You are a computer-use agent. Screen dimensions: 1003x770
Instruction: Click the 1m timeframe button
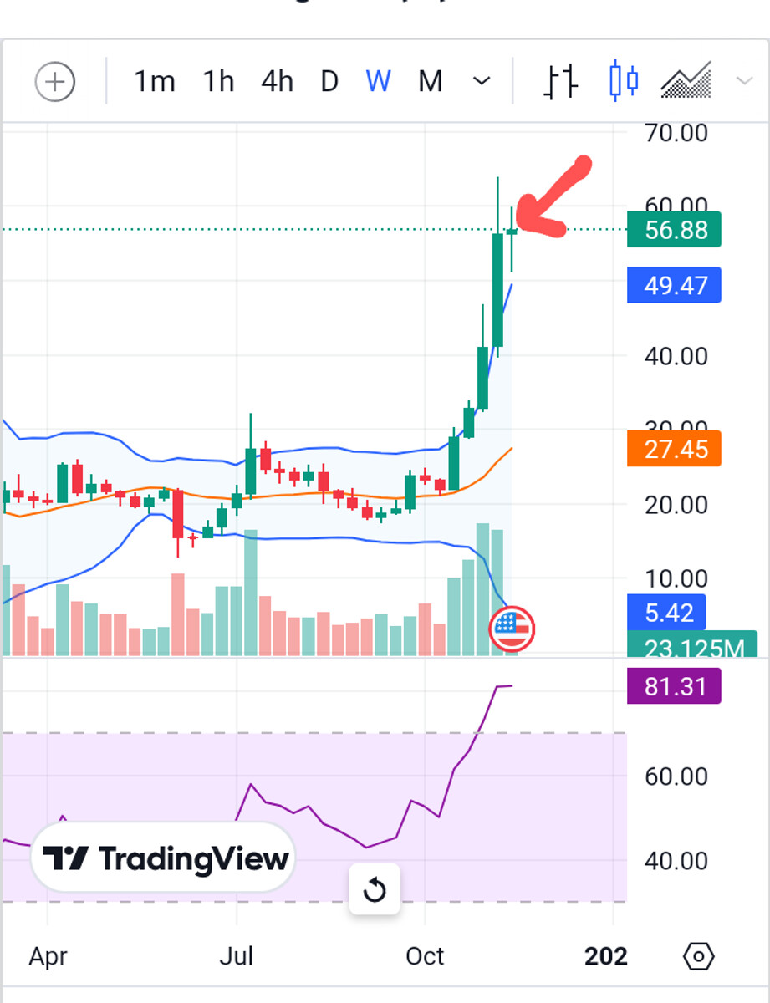[155, 82]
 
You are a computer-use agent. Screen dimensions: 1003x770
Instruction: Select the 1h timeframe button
[218, 82]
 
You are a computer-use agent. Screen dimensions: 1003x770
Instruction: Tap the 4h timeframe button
[277, 82]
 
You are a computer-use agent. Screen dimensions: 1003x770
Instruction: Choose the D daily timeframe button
[329, 82]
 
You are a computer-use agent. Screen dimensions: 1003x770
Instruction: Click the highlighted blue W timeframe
[378, 82]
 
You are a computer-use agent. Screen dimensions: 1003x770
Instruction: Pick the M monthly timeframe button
[430, 82]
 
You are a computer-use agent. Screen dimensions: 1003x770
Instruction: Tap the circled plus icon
[55, 82]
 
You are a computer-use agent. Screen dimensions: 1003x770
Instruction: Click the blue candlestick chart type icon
[624, 81]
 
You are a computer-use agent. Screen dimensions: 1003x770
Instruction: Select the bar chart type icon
[561, 81]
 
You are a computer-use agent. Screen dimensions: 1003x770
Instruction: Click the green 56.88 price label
[674, 230]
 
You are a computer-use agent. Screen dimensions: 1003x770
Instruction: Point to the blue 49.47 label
[674, 286]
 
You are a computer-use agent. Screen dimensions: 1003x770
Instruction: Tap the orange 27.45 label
[674, 449]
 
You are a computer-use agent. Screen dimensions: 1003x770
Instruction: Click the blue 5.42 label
[666, 613]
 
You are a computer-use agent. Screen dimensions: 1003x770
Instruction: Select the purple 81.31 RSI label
[674, 687]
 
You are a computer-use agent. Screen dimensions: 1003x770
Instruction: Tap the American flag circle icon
[512, 629]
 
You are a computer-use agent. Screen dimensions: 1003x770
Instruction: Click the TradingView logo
[165, 858]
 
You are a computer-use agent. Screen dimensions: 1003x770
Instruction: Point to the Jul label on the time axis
[237, 955]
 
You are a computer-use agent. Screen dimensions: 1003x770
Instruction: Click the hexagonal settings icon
[699, 955]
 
